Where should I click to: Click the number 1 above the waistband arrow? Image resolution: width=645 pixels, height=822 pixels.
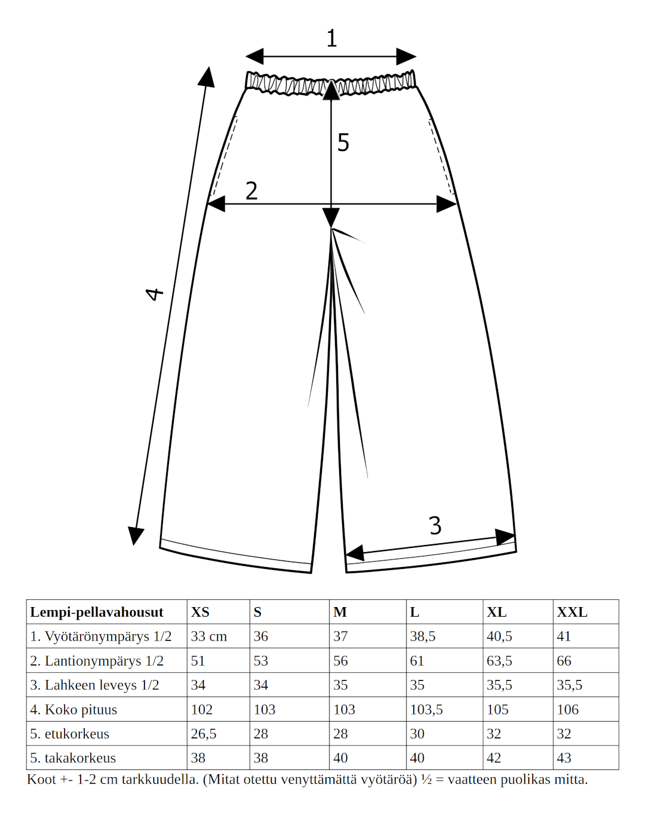[x=331, y=38]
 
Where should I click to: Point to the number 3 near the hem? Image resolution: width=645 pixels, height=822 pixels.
[x=435, y=525]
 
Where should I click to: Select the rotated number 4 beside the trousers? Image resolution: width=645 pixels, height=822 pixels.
[x=154, y=294]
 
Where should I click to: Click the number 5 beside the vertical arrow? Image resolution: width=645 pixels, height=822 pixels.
[x=343, y=143]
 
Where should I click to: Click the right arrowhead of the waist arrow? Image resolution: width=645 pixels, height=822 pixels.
[x=406, y=57]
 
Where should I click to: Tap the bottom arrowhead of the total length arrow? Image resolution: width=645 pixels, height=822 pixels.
[x=136, y=535]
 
